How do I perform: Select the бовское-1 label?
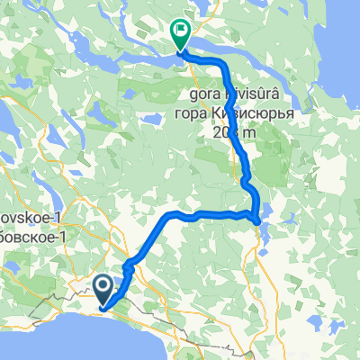(x=31, y=236)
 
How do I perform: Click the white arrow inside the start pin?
(x=104, y=288)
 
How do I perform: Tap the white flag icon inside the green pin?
(x=180, y=33)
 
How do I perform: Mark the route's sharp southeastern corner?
(x=257, y=219)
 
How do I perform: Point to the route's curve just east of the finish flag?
(x=216, y=59)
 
